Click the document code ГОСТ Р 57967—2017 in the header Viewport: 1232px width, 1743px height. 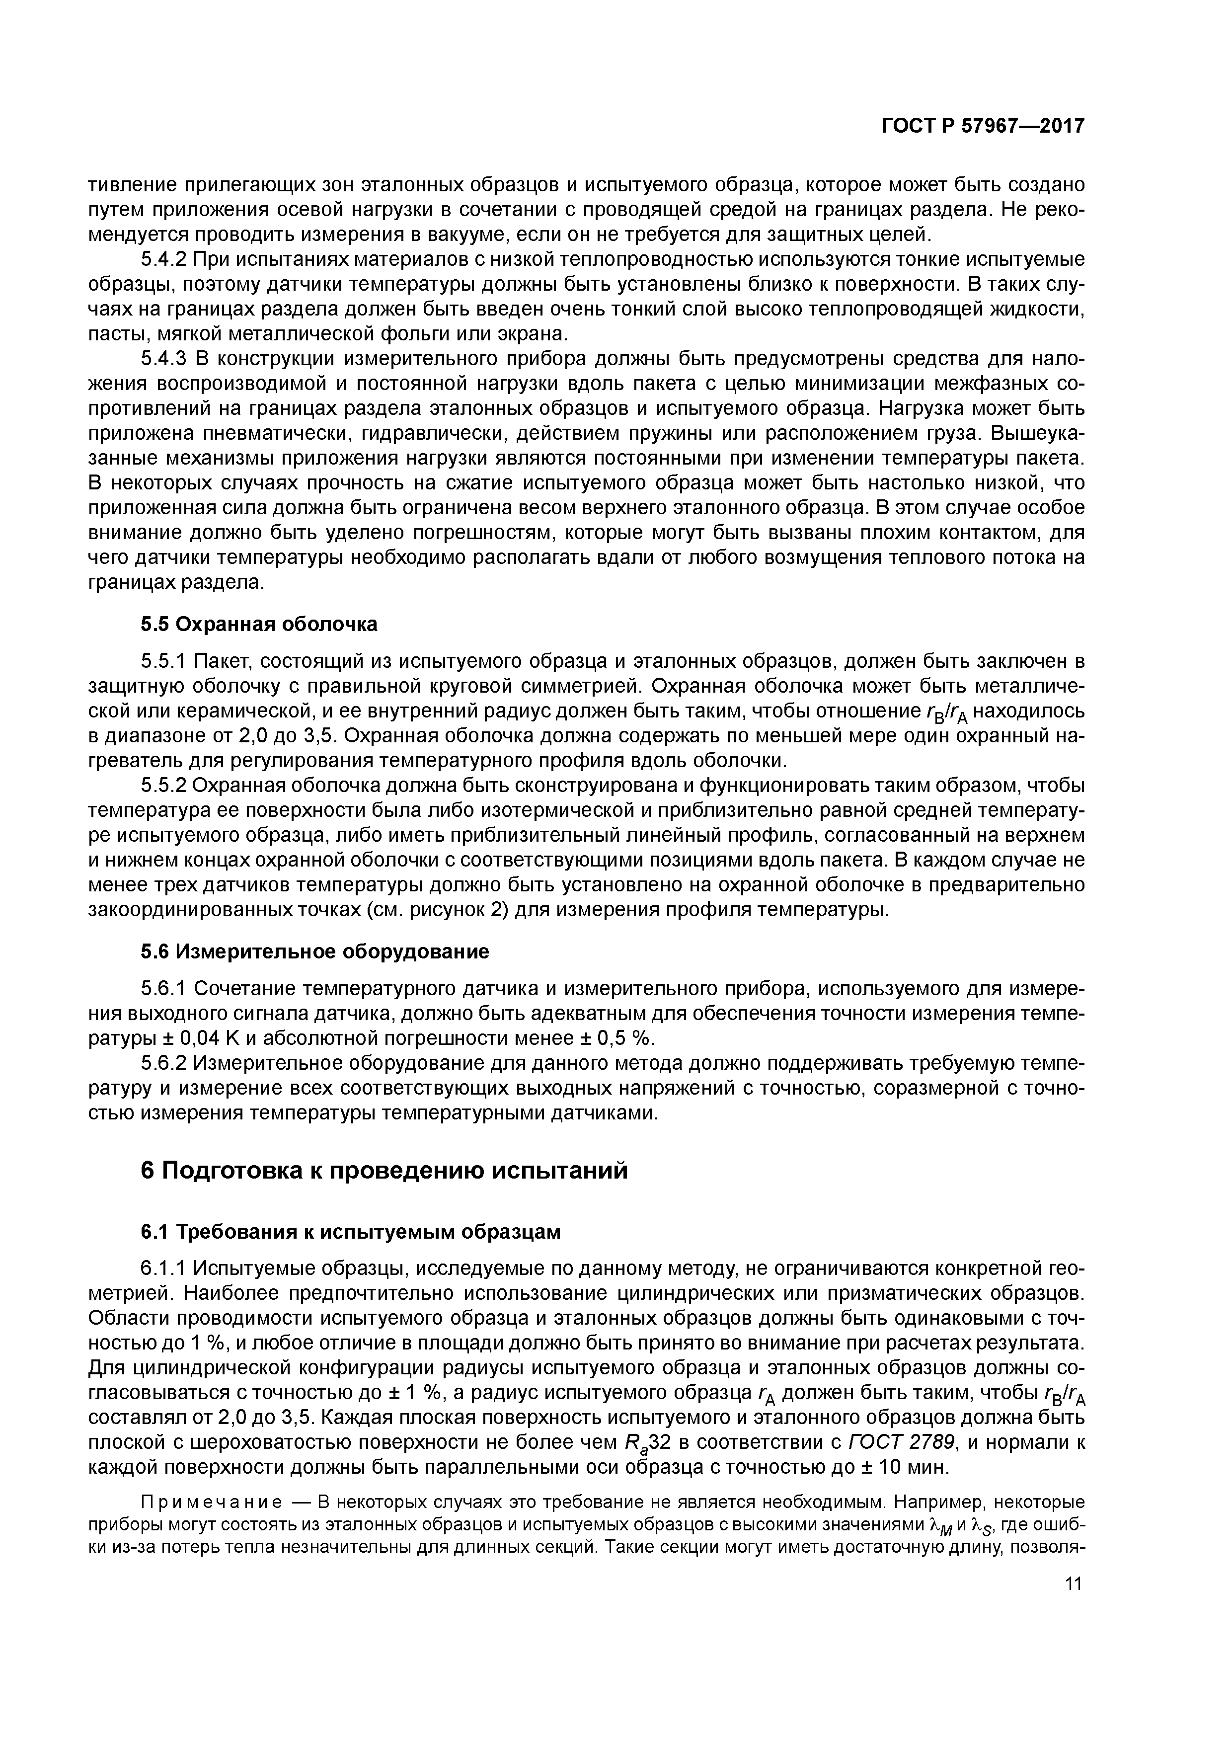[x=982, y=126]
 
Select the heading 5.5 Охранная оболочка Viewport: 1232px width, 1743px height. [x=259, y=624]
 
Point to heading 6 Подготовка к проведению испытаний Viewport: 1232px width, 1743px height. [x=385, y=1171]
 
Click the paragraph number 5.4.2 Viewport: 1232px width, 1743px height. [x=164, y=260]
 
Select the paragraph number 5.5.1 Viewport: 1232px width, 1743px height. [x=164, y=662]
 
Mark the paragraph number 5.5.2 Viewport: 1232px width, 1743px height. [x=164, y=785]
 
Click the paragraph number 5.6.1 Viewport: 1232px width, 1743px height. [x=164, y=988]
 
